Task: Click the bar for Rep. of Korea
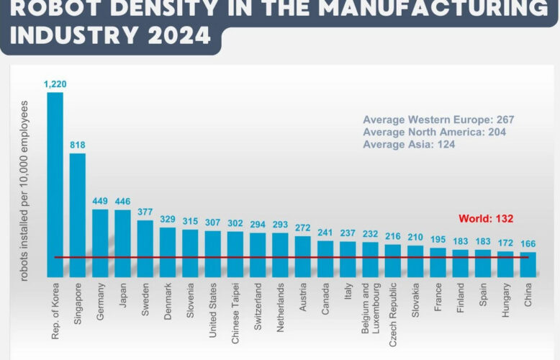55,184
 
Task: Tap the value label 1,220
55,85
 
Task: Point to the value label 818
78,145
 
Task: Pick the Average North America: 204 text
435,132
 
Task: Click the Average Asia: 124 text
409,145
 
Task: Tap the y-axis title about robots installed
24,190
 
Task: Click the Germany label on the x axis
101,301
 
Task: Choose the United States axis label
214,308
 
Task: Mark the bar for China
528,264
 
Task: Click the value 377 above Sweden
145,213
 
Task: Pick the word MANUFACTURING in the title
415,9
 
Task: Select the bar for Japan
123,243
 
